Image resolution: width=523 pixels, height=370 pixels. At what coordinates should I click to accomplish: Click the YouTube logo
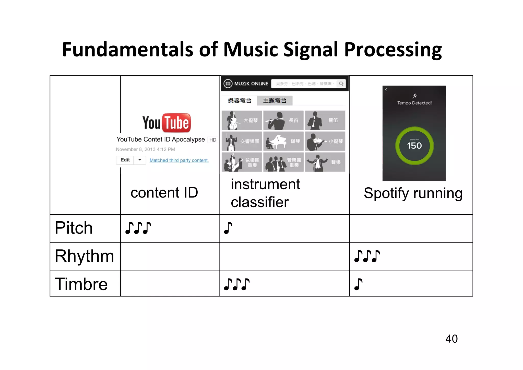167,123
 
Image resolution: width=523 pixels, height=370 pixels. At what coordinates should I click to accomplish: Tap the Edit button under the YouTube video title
125,160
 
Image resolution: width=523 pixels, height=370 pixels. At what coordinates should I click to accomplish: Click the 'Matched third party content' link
179,160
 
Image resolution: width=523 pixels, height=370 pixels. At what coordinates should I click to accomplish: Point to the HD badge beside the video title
213,140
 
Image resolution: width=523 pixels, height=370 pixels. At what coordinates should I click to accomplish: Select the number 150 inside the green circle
414,146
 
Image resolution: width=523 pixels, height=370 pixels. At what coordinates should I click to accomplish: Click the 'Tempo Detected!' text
414,103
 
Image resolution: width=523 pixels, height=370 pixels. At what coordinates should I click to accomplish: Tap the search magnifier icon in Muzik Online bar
341,84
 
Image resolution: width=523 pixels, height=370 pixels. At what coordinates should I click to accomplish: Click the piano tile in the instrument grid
283,141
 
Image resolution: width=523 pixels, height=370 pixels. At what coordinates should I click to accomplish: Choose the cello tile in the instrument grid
242,120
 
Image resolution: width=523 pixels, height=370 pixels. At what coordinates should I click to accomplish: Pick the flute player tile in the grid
283,120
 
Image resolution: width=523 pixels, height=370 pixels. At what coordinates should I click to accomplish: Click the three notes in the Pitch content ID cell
138,228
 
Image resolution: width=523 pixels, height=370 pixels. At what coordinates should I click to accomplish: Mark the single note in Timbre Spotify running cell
358,284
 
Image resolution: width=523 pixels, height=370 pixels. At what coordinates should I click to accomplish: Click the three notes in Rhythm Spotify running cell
367,256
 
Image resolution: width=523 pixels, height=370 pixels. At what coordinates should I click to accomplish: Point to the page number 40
451,339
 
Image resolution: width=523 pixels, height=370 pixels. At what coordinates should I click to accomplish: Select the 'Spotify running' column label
413,193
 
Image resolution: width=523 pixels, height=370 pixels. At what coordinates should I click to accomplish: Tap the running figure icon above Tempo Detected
414,96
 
